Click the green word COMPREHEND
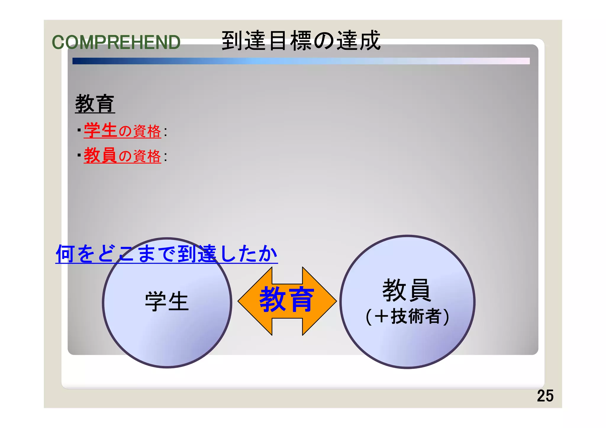pos(116,42)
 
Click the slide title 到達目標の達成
pos(301,41)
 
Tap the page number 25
pos(545,396)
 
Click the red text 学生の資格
pos(122,131)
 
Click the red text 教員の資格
pos(122,156)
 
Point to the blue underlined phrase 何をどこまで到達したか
pos(166,254)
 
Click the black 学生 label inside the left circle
pos(167,301)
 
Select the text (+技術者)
pos(407,316)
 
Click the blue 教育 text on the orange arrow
pos(286,299)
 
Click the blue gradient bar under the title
pos(301,61)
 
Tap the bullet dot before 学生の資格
pos(79,130)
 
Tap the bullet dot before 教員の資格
pos(79,155)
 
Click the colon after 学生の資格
pos(165,132)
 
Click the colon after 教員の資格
pos(165,157)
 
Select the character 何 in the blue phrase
pos(65,254)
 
